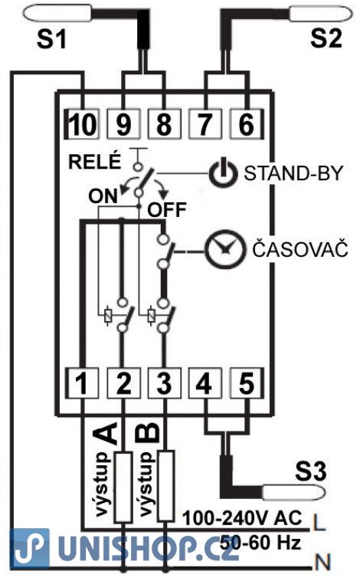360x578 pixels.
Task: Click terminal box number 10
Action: [x=82, y=124]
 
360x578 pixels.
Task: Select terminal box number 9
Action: [x=123, y=124]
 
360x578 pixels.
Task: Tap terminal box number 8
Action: [x=165, y=124]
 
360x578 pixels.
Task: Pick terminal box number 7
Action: [x=205, y=124]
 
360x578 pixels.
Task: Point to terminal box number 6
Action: [x=247, y=124]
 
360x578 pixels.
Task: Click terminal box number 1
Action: [x=82, y=383]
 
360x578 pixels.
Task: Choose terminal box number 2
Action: [x=123, y=383]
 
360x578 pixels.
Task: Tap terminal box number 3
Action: [x=165, y=383]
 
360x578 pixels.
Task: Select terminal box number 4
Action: [x=205, y=383]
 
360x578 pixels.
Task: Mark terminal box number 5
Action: [x=247, y=383]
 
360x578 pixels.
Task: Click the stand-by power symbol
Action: [x=224, y=173]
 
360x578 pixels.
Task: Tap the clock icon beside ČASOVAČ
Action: [x=224, y=249]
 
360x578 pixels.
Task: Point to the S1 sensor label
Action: [x=51, y=39]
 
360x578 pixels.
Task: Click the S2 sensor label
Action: [x=326, y=38]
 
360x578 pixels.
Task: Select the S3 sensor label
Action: [x=311, y=471]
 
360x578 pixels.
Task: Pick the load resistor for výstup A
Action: [x=123, y=487]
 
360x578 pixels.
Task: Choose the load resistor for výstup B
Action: [x=165, y=485]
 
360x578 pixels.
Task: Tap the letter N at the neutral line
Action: [x=322, y=563]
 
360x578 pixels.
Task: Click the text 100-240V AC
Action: [x=242, y=518]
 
